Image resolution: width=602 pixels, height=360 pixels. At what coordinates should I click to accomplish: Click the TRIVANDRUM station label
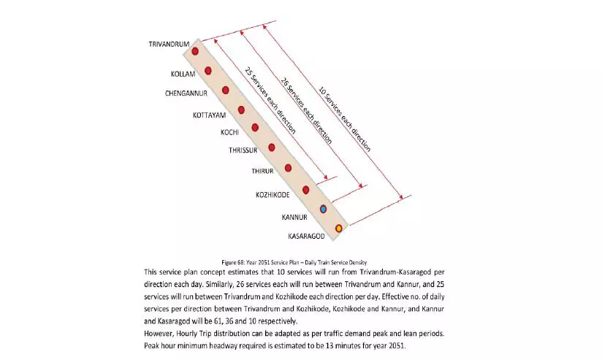click(169, 45)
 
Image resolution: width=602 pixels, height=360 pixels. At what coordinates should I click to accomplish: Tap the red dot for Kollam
click(208, 71)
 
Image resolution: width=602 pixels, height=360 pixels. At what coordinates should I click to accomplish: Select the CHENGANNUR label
click(186, 93)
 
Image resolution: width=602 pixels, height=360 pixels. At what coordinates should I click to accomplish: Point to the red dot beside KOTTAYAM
click(241, 110)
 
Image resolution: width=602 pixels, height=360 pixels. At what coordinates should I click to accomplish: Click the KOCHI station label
click(230, 132)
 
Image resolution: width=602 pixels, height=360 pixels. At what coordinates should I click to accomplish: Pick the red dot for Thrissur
click(272, 148)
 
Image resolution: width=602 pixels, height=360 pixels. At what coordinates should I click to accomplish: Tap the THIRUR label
click(262, 171)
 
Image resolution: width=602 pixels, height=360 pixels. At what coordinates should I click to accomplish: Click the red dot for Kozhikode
click(306, 190)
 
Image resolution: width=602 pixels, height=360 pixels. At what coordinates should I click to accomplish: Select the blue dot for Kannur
click(323, 209)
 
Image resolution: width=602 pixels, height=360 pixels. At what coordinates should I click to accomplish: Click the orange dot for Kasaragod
click(338, 229)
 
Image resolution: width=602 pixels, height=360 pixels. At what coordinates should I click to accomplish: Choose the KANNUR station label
click(297, 217)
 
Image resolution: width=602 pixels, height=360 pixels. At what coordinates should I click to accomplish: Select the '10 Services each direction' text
click(344, 119)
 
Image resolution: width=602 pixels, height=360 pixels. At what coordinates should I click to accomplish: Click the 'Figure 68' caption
click(294, 261)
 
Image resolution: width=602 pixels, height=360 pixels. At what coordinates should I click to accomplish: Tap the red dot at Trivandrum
click(195, 51)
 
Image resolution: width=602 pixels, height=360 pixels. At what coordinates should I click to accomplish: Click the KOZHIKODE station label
click(273, 195)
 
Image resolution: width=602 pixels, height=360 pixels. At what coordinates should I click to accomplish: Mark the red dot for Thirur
click(289, 168)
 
